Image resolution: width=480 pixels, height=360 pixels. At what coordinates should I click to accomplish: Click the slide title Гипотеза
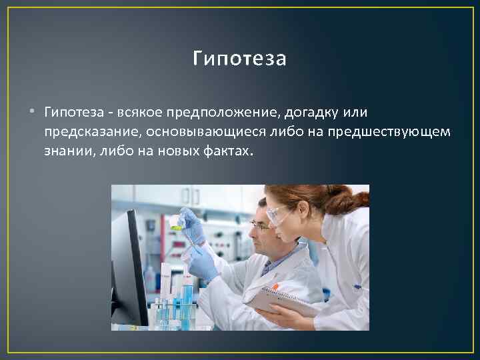(x=239, y=59)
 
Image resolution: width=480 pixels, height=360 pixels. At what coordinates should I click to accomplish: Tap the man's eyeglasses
(x=260, y=227)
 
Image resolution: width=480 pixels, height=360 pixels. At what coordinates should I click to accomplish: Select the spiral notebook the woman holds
(x=280, y=300)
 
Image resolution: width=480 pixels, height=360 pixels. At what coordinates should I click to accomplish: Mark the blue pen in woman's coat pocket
(x=357, y=287)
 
